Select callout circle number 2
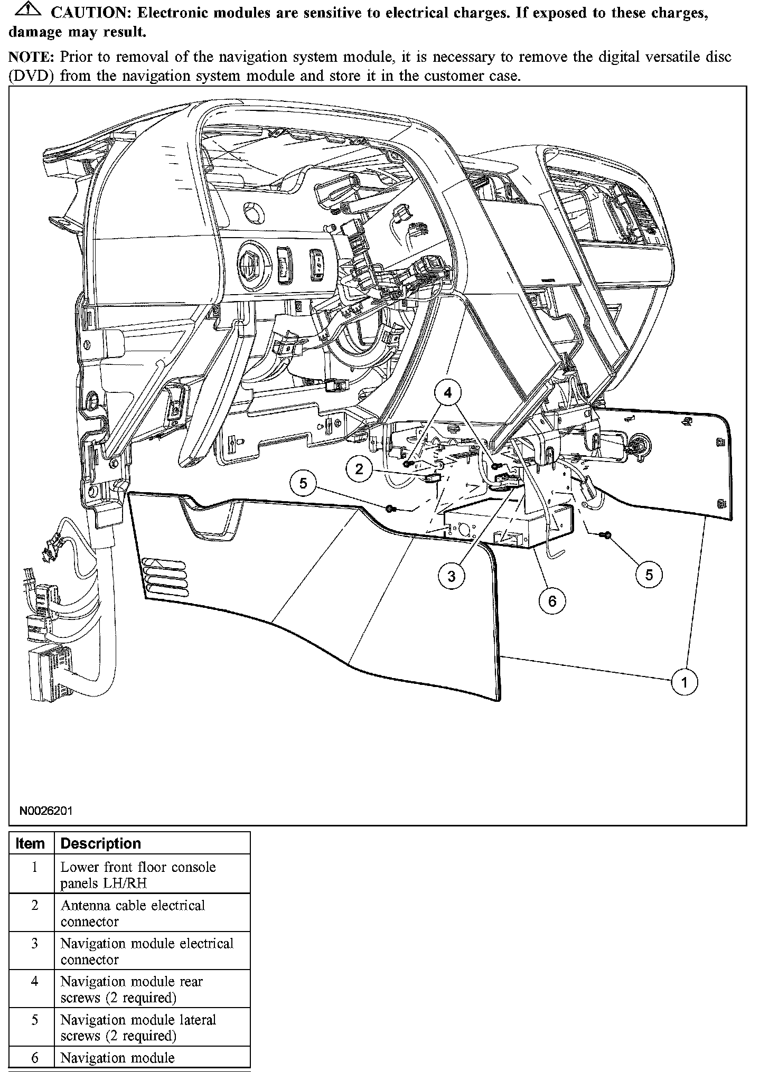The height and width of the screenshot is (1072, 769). [360, 468]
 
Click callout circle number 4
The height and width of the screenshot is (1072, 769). [448, 393]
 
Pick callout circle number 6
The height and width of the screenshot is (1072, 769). [552, 600]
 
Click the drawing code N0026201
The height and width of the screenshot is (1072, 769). [45, 811]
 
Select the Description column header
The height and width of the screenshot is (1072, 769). [101, 843]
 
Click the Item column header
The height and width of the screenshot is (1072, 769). [31, 843]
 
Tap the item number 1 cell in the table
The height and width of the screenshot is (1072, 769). [34, 867]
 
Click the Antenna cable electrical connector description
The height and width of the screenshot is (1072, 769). [133, 913]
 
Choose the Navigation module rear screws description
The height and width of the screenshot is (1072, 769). [132, 990]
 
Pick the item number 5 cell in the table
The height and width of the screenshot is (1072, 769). [34, 1020]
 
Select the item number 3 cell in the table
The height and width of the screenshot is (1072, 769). [34, 943]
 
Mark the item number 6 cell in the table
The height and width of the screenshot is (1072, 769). [34, 1058]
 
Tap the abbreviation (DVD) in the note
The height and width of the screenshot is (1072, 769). [31, 76]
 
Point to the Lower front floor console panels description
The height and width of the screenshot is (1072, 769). [138, 874]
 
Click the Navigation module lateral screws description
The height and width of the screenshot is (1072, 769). [138, 1028]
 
